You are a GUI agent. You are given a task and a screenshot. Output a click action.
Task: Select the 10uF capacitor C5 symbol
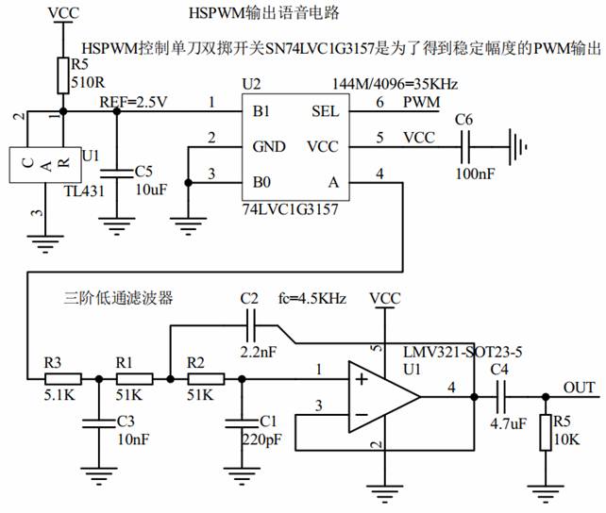[x=117, y=172]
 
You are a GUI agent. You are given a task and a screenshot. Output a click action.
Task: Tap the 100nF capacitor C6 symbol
[x=464, y=147]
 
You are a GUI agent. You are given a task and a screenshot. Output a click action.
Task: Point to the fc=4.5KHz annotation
[x=311, y=299]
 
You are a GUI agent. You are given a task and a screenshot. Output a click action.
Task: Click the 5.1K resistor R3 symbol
[x=63, y=379]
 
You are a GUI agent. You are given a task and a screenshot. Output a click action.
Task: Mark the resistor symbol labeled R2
[x=206, y=379]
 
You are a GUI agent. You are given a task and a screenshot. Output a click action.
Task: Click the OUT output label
[x=579, y=387]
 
